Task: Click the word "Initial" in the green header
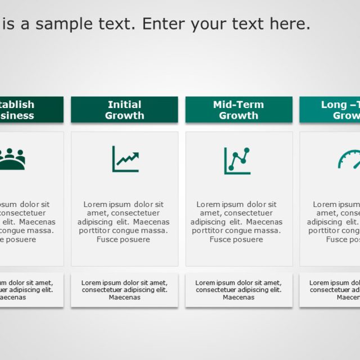[x=124, y=105]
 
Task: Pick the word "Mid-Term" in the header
[x=238, y=105]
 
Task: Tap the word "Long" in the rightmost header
[x=334, y=105]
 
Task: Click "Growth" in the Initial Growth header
[x=124, y=116]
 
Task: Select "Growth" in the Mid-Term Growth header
[x=238, y=116]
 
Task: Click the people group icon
[x=12, y=159]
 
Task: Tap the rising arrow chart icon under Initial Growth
[x=125, y=159]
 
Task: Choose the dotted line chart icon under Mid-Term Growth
[x=237, y=160]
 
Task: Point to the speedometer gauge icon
[x=349, y=159]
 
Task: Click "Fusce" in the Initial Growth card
[x=108, y=240]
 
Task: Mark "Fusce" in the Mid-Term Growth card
[x=221, y=240]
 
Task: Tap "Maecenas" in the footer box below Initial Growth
[x=124, y=298]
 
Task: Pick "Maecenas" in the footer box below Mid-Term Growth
[x=238, y=298]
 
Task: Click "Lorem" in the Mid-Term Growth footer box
[x=205, y=283]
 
